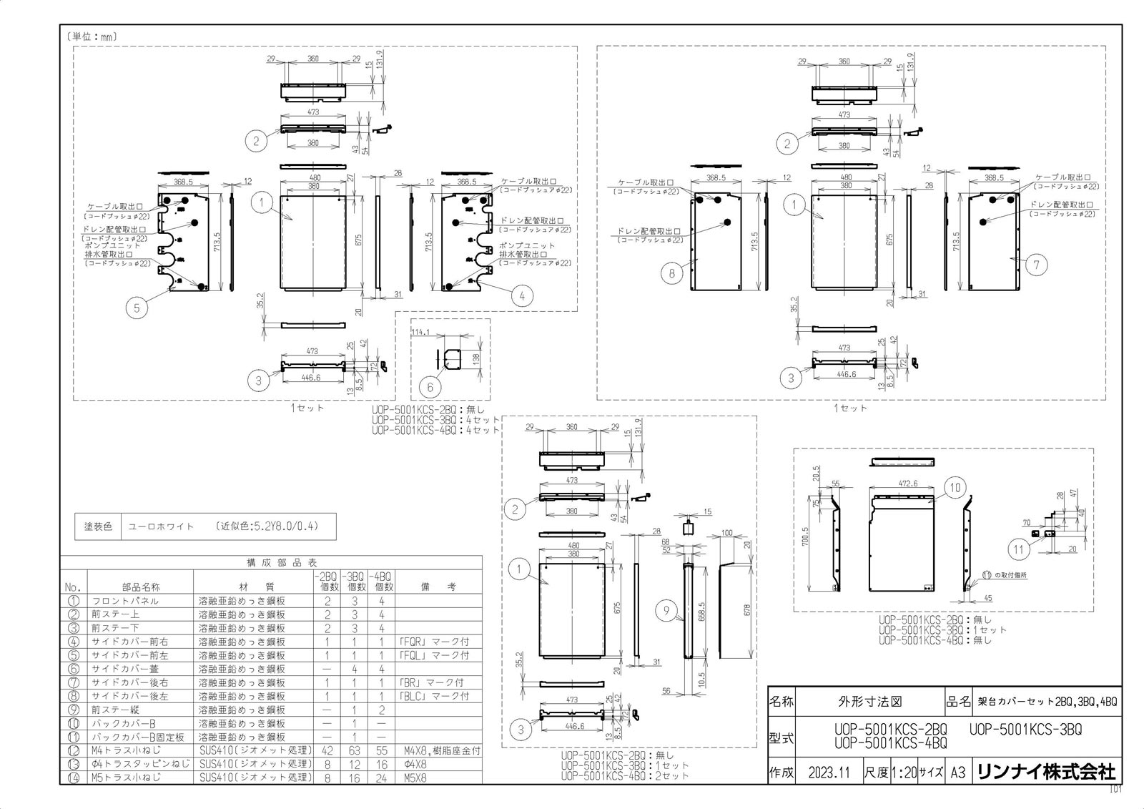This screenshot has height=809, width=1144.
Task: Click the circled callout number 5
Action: point(136,308)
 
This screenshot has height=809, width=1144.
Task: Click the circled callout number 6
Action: point(430,387)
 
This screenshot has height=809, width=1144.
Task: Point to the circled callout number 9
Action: point(666,610)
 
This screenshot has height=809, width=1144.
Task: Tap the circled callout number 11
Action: point(1019,549)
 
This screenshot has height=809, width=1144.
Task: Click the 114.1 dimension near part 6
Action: point(420,332)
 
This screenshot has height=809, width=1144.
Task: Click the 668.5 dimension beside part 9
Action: point(702,612)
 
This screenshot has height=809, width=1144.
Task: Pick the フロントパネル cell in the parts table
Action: point(125,601)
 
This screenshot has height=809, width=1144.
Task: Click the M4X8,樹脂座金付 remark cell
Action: point(440,750)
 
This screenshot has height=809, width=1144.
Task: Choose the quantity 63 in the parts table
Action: point(354,750)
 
